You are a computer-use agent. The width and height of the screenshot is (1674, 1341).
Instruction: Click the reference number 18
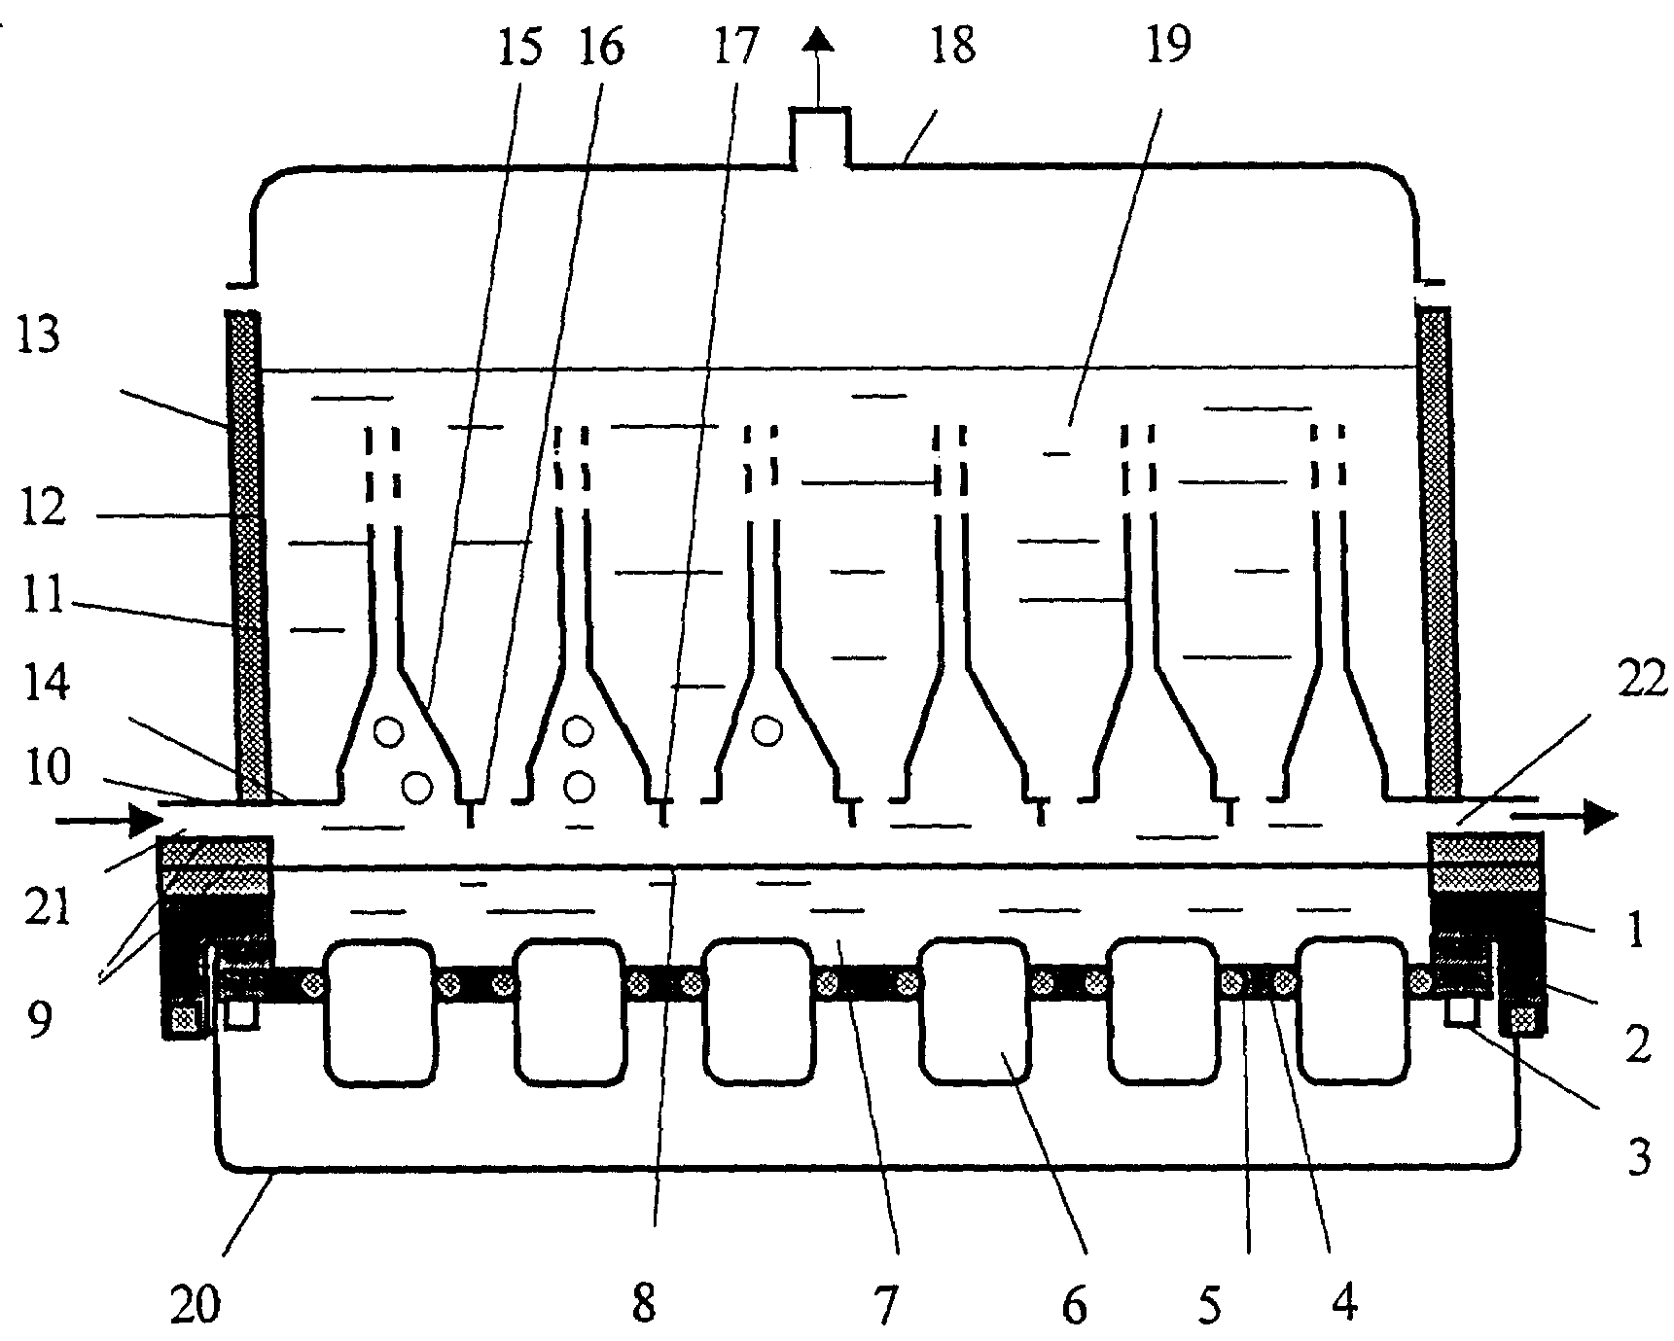[x=951, y=46]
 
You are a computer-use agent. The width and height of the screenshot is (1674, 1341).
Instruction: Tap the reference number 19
[x=1167, y=46]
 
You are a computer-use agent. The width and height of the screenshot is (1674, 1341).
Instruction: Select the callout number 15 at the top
[x=520, y=46]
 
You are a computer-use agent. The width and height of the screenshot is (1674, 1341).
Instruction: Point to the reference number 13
[x=37, y=335]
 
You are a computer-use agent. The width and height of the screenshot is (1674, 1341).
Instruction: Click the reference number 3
[x=1639, y=1158]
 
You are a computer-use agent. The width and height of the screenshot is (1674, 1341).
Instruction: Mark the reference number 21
[x=46, y=909]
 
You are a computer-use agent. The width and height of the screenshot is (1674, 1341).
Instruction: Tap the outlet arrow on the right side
[x=1564, y=817]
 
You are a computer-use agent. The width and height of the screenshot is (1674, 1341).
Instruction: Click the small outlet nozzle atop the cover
[x=820, y=137]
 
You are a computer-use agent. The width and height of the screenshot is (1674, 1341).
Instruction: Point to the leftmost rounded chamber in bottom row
[x=377, y=1011]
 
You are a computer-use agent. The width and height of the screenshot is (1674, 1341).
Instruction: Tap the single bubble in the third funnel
[x=768, y=729]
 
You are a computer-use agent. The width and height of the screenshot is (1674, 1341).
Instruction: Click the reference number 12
[x=41, y=509]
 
